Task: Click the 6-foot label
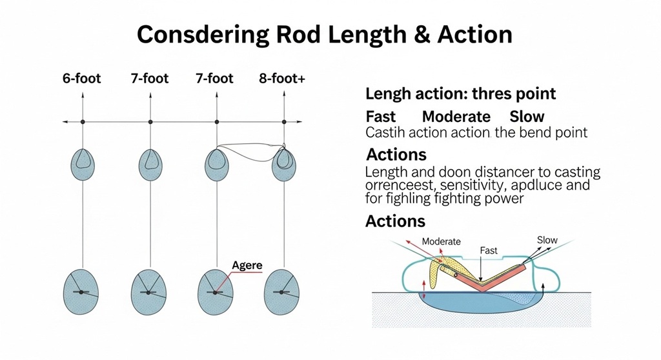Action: pos(83,79)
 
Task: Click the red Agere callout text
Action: pos(247,265)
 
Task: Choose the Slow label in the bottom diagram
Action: pos(547,240)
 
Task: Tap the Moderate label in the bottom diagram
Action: pos(441,241)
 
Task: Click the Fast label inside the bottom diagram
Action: pos(489,250)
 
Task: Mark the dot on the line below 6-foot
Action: pos(83,121)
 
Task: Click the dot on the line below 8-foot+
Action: pos(285,121)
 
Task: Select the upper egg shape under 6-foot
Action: pos(83,163)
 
